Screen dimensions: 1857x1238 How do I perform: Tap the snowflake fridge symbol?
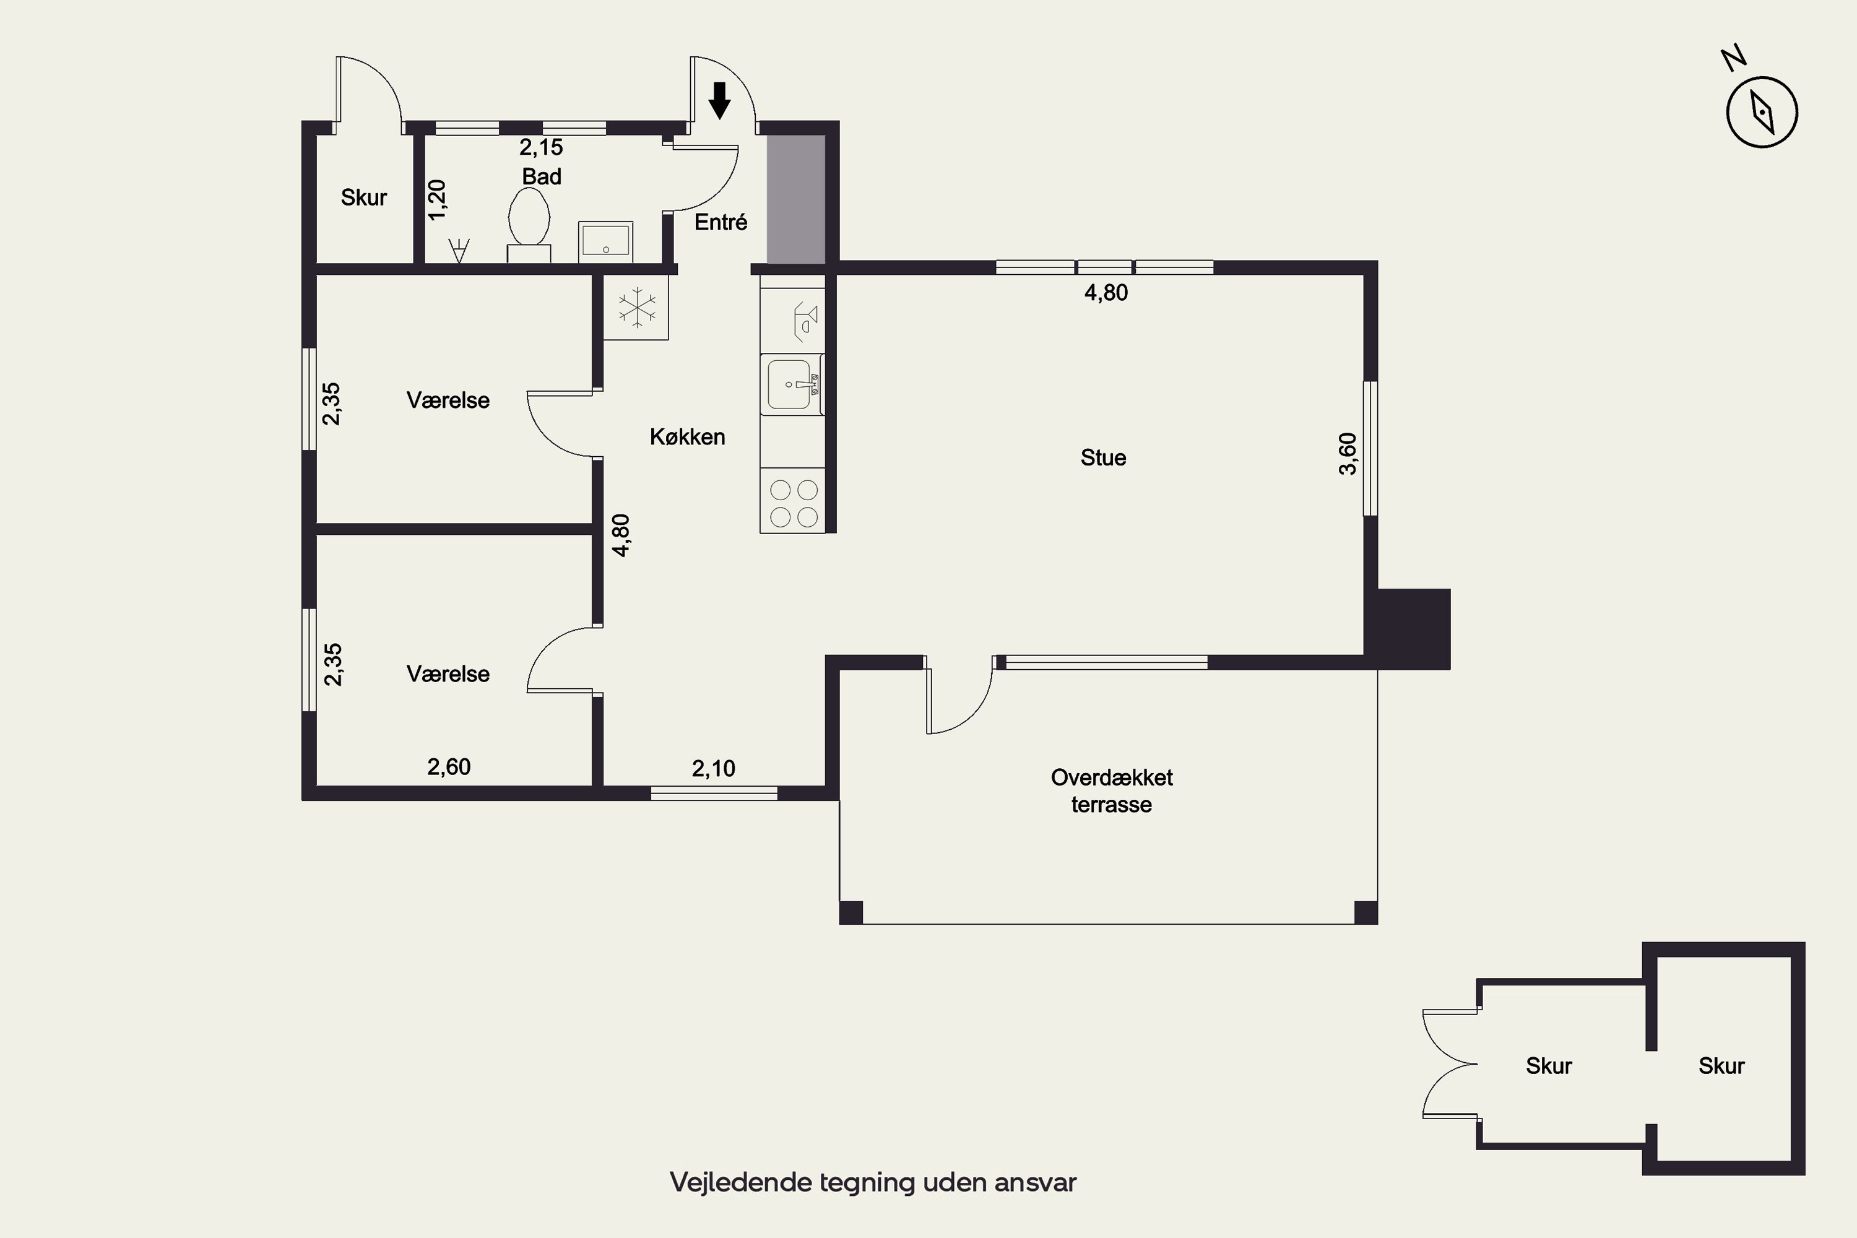pyautogui.click(x=636, y=307)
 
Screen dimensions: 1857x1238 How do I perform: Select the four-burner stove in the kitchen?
pyautogui.click(x=793, y=501)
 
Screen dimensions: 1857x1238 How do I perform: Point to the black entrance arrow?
pyautogui.click(x=719, y=100)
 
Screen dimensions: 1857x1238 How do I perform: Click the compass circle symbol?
pyautogui.click(x=1762, y=112)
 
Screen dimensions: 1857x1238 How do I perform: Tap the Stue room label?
pyautogui.click(x=1103, y=458)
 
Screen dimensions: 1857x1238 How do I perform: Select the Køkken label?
pyautogui.click(x=687, y=436)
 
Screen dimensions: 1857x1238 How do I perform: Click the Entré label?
pyautogui.click(x=720, y=222)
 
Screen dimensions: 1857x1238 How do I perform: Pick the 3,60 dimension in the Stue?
pyautogui.click(x=1348, y=454)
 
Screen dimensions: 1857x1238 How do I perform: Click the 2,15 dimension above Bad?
pyautogui.click(x=541, y=147)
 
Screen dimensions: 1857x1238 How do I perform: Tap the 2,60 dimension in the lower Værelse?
pyautogui.click(x=448, y=767)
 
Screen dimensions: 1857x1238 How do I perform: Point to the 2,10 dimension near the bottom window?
pyautogui.click(x=713, y=768)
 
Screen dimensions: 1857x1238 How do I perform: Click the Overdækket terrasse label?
pyautogui.click(x=1112, y=791)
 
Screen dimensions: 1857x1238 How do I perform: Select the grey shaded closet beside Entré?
pyautogui.click(x=796, y=199)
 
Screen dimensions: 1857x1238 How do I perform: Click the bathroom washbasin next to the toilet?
pyautogui.click(x=605, y=240)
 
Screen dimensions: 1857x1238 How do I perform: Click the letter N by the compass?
pyautogui.click(x=1733, y=59)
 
